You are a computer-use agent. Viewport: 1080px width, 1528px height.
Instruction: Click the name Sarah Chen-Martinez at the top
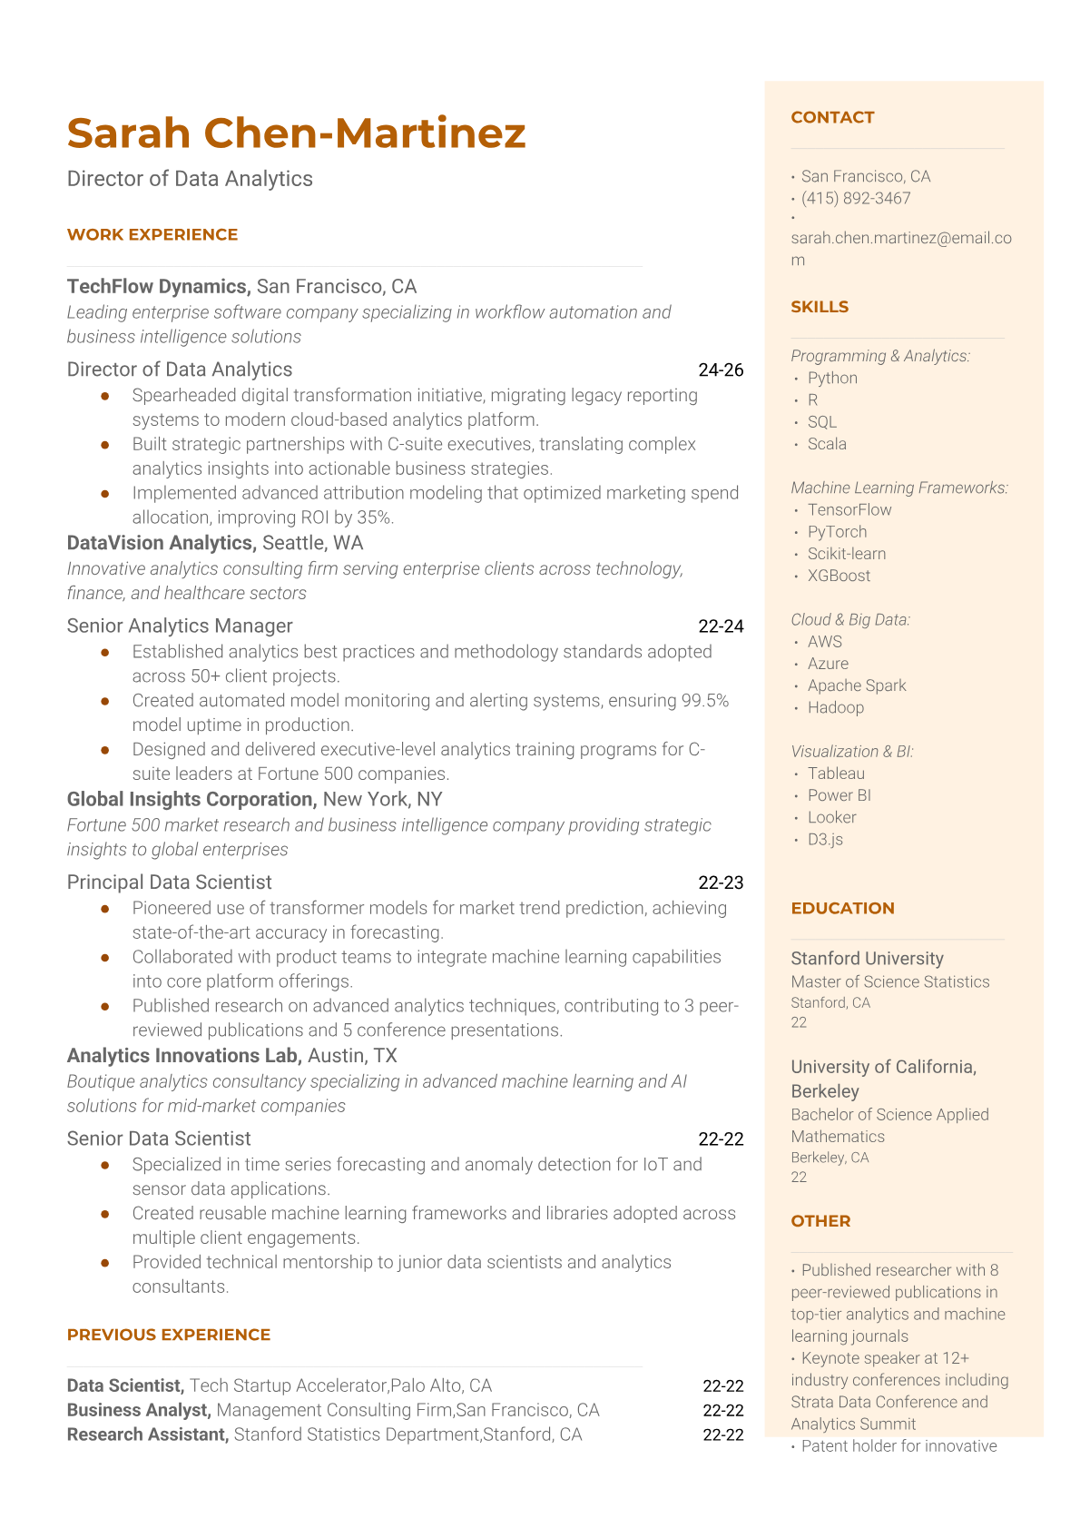pyautogui.click(x=296, y=133)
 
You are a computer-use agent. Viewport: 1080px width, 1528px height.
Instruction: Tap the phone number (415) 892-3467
pyautogui.click(x=856, y=198)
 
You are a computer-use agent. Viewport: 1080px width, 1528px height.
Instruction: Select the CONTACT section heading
pyautogui.click(x=832, y=117)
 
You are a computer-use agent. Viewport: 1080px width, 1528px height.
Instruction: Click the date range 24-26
pyautogui.click(x=721, y=370)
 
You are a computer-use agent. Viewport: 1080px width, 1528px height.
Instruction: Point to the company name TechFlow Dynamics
pyautogui.click(x=158, y=287)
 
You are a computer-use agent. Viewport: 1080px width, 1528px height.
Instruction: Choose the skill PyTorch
pyautogui.click(x=837, y=532)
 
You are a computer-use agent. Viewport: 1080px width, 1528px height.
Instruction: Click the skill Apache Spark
pyautogui.click(x=857, y=685)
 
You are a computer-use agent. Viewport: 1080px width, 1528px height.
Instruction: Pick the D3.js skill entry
pyautogui.click(x=825, y=839)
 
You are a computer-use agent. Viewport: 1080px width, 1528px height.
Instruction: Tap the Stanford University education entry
pyautogui.click(x=867, y=959)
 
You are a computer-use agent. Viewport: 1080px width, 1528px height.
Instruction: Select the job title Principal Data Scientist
pyautogui.click(x=169, y=882)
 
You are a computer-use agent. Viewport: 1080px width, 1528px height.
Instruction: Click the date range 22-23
pyautogui.click(x=721, y=882)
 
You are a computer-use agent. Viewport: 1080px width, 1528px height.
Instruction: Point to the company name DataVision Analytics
pyautogui.click(x=161, y=543)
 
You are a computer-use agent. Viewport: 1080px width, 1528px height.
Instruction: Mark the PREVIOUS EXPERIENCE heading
pyautogui.click(x=169, y=1335)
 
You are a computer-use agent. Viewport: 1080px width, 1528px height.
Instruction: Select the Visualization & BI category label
pyautogui.click(x=852, y=752)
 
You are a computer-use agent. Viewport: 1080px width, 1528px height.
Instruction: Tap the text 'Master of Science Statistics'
pyautogui.click(x=889, y=981)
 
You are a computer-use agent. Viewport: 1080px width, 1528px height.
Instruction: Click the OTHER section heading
pyautogui.click(x=820, y=1221)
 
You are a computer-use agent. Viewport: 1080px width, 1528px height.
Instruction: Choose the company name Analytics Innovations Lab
pyautogui.click(x=183, y=1056)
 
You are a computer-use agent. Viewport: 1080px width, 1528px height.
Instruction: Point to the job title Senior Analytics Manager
pyautogui.click(x=180, y=626)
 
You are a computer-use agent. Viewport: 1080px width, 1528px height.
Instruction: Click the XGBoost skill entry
pyautogui.click(x=839, y=576)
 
